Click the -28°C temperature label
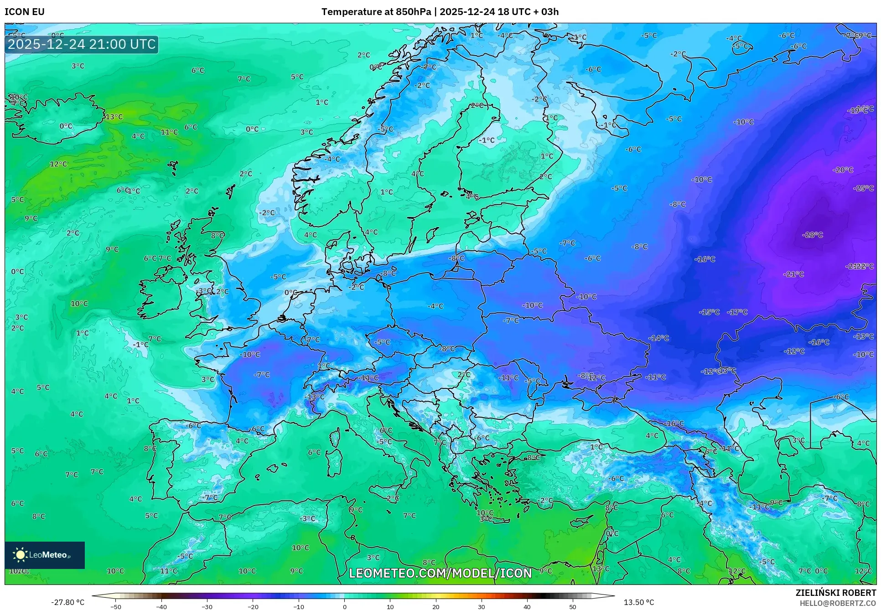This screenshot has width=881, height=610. (x=812, y=235)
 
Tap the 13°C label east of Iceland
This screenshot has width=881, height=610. (x=114, y=117)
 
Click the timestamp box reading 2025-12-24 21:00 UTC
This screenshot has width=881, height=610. (x=82, y=44)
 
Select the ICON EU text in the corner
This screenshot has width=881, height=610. (x=25, y=12)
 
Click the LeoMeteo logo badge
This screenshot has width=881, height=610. (x=45, y=555)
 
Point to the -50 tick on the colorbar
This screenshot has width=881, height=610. (x=116, y=606)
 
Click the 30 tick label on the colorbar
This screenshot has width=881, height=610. (x=482, y=606)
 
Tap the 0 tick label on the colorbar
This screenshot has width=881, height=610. (x=344, y=606)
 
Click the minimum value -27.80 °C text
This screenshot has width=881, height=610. (x=67, y=602)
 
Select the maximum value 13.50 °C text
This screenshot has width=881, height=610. (x=638, y=602)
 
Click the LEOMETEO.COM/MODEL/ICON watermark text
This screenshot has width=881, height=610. (x=440, y=573)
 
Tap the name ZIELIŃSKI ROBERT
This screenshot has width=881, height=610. (x=836, y=593)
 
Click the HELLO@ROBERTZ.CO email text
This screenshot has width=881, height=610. (x=838, y=603)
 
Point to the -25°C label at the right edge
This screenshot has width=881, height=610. (x=863, y=188)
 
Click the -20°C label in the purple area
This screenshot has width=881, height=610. (x=843, y=170)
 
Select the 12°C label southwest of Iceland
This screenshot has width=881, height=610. (x=58, y=164)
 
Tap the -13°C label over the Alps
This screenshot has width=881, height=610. (x=315, y=397)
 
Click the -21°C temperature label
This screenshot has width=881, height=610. (x=793, y=274)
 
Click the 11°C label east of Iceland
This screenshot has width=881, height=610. (x=169, y=132)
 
